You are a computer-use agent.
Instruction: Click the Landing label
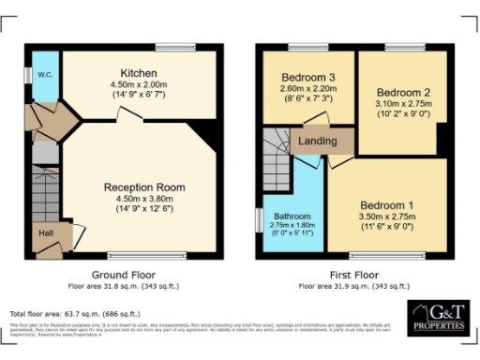(317, 141)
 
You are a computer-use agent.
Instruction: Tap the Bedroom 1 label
(386, 204)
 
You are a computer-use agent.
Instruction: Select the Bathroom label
(292, 216)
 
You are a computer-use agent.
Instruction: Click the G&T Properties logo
(436, 317)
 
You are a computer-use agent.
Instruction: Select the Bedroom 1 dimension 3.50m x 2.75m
(386, 216)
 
